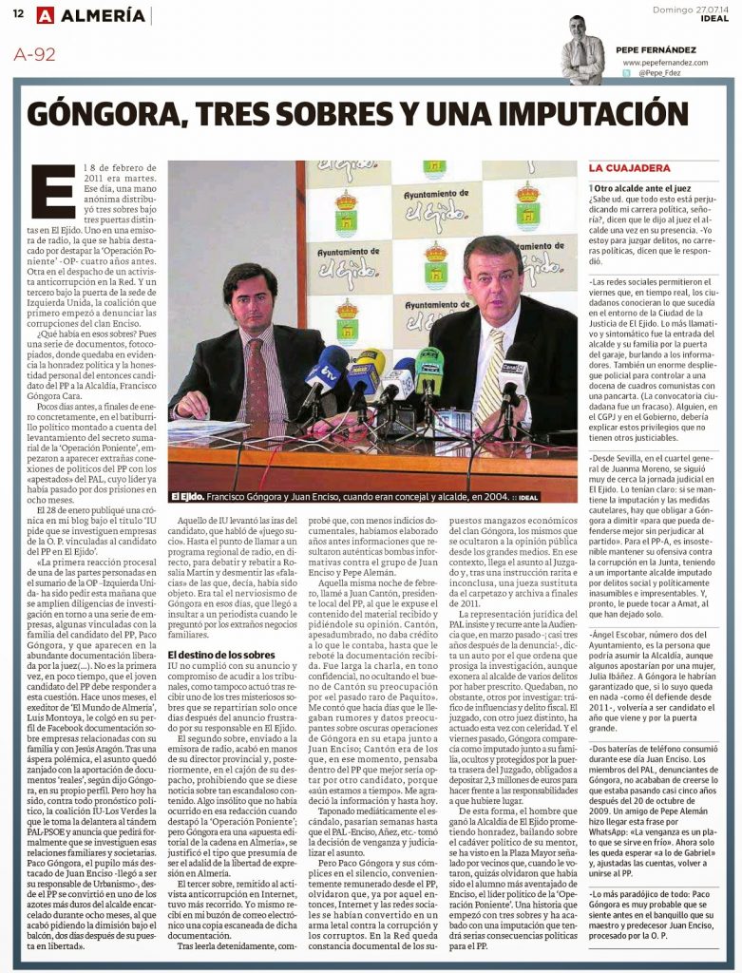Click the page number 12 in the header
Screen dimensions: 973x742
18,15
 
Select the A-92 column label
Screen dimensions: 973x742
35,54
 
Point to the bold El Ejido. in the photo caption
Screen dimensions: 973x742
188,496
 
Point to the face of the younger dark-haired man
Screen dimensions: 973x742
250,299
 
